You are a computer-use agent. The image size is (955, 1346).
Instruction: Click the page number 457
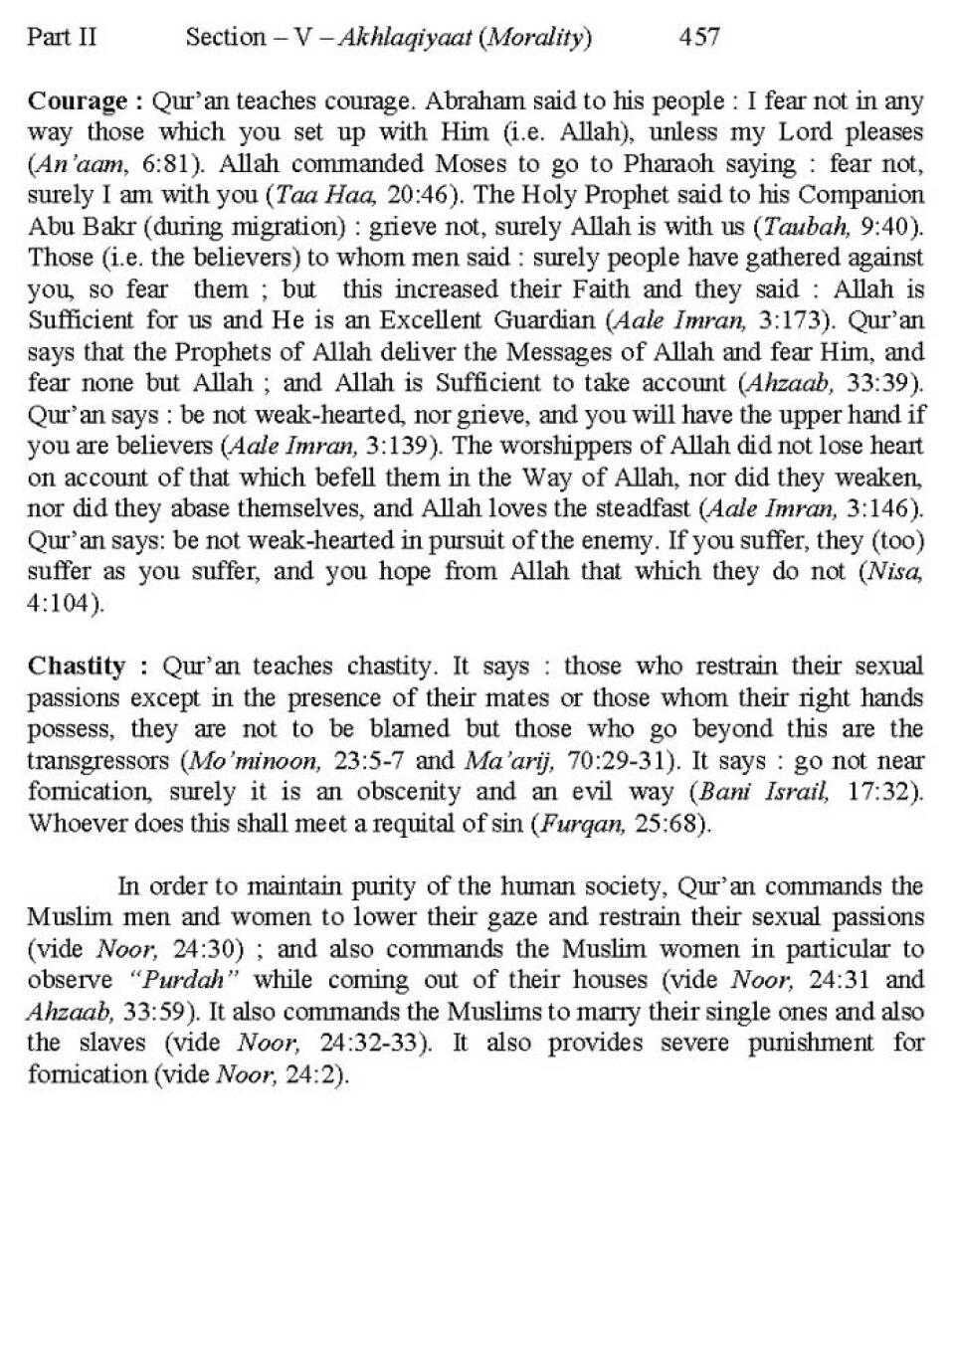[x=698, y=38]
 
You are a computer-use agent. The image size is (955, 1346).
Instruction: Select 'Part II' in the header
[x=62, y=38]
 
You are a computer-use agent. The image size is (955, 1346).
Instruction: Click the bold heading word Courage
[x=78, y=101]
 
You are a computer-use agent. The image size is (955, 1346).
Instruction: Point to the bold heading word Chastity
[x=77, y=666]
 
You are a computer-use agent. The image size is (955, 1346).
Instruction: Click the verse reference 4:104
[x=63, y=604]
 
